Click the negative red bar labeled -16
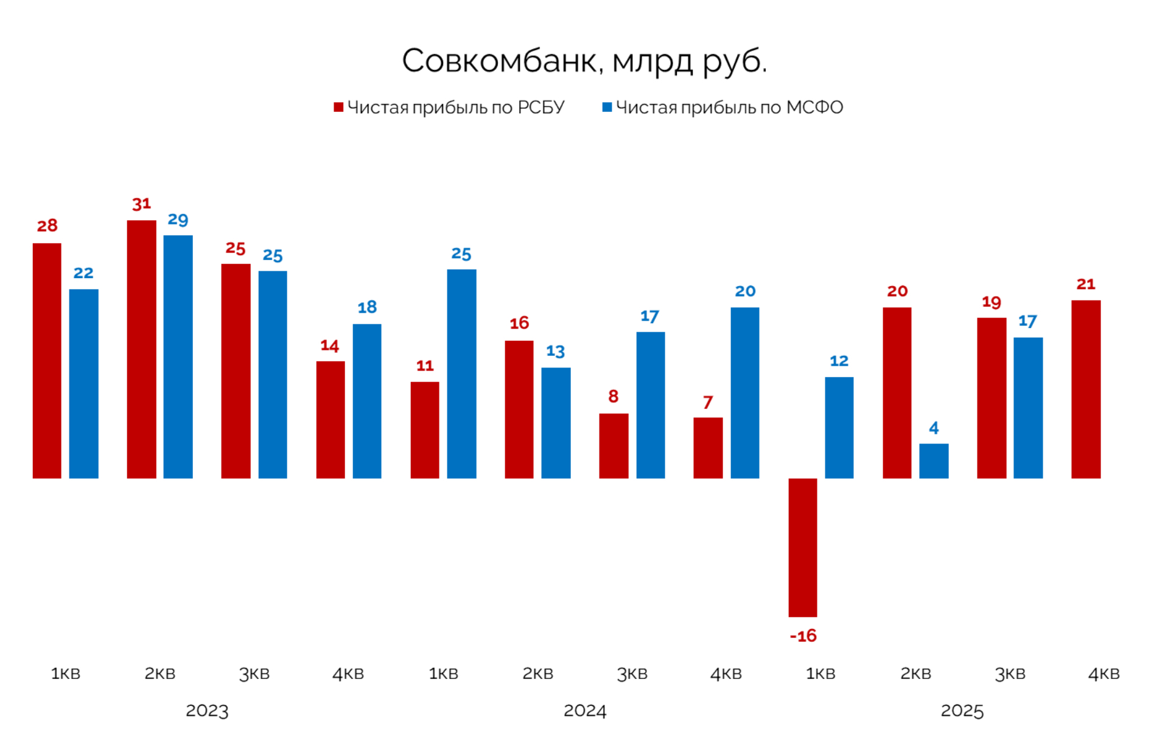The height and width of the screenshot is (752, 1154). pyautogui.click(x=802, y=548)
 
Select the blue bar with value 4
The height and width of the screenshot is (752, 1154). pyautogui.click(x=933, y=461)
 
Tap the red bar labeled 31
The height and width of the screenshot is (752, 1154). pyautogui.click(x=141, y=349)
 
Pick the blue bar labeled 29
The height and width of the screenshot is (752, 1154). pyautogui.click(x=178, y=357)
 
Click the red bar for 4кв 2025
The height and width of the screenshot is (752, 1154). pyautogui.click(x=1085, y=389)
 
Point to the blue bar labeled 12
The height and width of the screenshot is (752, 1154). pyautogui.click(x=839, y=428)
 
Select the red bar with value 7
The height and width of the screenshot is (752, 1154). pyautogui.click(x=708, y=448)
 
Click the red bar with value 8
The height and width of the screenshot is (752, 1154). pyautogui.click(x=614, y=446)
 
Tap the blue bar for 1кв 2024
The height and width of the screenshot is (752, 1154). pyautogui.click(x=461, y=374)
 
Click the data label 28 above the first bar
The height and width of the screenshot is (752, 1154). pyautogui.click(x=47, y=226)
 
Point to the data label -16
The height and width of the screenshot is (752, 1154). pyautogui.click(x=803, y=636)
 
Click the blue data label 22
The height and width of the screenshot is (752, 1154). pyautogui.click(x=83, y=273)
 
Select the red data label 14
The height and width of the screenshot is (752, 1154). pyautogui.click(x=330, y=346)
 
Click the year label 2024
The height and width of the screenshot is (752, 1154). pyautogui.click(x=584, y=711)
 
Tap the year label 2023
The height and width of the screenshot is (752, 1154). pyautogui.click(x=207, y=711)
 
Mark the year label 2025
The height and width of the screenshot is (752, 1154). pyautogui.click(x=962, y=711)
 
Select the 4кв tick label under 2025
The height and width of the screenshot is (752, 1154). pyautogui.click(x=1103, y=674)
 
